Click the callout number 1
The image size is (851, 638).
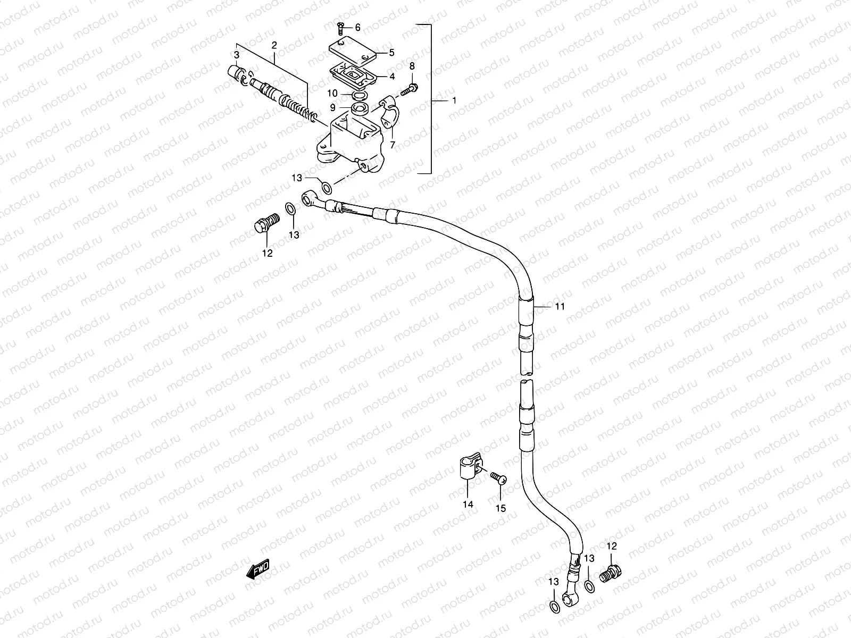coord(454,100)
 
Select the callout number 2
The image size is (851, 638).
coord(274,46)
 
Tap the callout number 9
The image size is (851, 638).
coord(332,107)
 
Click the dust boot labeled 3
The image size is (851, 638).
coord(235,72)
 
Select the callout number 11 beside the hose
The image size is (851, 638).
coord(559,306)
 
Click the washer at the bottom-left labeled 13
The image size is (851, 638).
coord(554,607)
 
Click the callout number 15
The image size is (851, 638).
coord(500,508)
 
